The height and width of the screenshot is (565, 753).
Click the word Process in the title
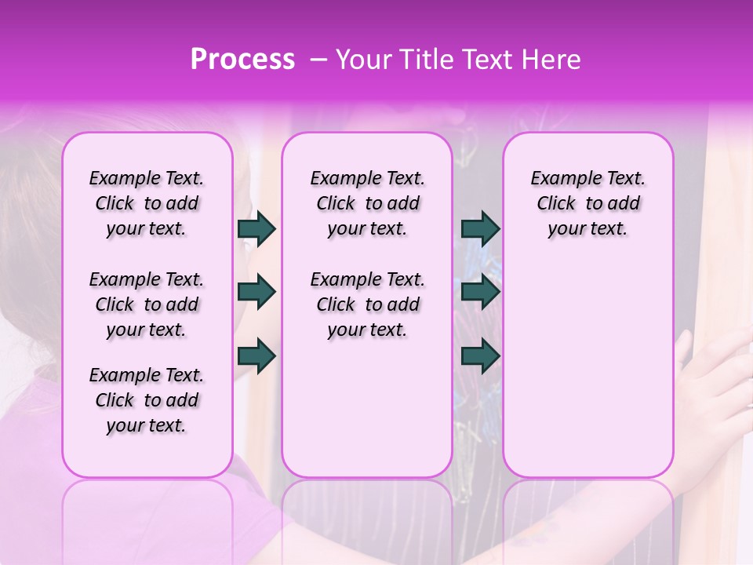pyautogui.click(x=242, y=60)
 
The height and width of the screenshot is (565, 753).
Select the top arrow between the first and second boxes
pyautogui.click(x=256, y=229)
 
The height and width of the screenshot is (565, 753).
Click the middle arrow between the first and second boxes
pyautogui.click(x=256, y=293)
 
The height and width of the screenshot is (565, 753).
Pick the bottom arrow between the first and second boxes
pyautogui.click(x=256, y=356)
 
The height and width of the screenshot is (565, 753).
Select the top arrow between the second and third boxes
pyautogui.click(x=480, y=229)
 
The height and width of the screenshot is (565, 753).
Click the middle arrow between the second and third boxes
pyautogui.click(x=480, y=293)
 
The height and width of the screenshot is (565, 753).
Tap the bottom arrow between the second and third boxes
pyautogui.click(x=480, y=356)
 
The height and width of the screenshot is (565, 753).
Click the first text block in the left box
pyautogui.click(x=147, y=203)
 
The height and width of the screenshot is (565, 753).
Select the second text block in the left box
pyautogui.click(x=147, y=304)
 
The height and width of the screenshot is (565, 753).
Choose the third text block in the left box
pyautogui.click(x=147, y=400)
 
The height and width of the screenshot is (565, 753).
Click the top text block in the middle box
pyautogui.click(x=367, y=203)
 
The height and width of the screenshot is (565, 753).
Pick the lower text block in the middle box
pyautogui.click(x=367, y=304)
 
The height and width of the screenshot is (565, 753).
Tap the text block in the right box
pyautogui.click(x=587, y=203)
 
